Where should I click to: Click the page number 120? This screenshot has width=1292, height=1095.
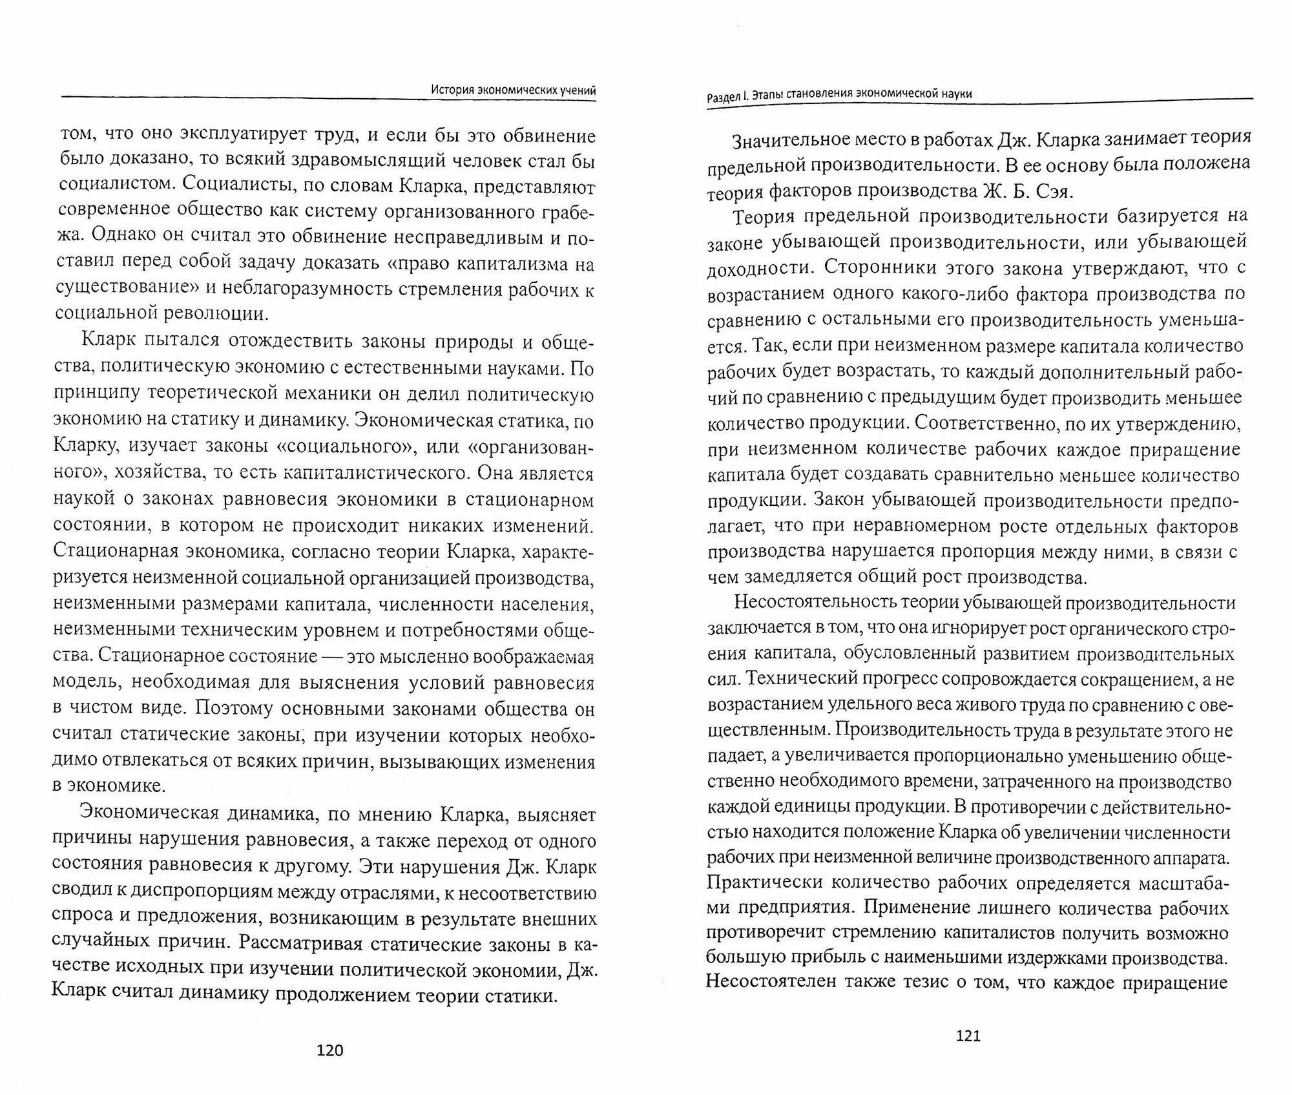pos(329,1050)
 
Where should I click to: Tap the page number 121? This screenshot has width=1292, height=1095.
pos(968,1036)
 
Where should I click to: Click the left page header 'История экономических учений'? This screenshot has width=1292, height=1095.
pos(513,91)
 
